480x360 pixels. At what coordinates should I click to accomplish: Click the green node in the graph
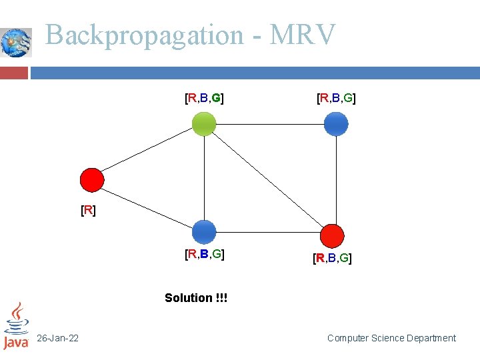[204, 124]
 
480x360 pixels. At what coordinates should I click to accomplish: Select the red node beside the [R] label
[92, 180]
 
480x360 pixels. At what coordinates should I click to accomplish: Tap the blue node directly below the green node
[204, 232]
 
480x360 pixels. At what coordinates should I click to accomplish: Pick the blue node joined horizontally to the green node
[336, 124]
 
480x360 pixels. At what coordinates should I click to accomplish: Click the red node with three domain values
[332, 236]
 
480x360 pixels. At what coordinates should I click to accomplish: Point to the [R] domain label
[88, 211]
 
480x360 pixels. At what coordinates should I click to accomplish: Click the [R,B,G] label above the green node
[204, 99]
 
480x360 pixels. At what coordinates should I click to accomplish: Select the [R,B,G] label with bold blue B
[204, 254]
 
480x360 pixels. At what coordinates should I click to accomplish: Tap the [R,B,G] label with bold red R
[332, 258]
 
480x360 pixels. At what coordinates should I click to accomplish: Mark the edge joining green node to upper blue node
[270, 124]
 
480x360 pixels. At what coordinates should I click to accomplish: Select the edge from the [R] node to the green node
[148, 152]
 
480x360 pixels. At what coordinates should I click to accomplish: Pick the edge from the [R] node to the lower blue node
[148, 206]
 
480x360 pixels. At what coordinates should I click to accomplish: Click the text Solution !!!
[196, 298]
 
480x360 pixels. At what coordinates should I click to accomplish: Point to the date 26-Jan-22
[57, 339]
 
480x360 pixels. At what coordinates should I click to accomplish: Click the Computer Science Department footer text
[391, 339]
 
